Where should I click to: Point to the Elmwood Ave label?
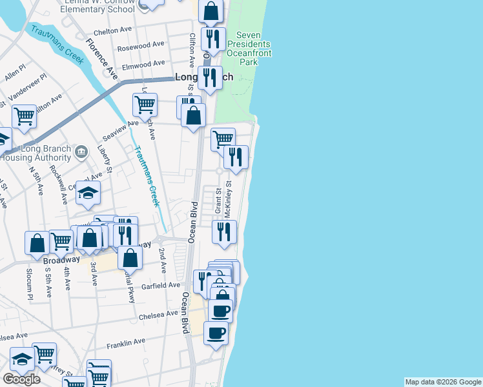(x=145, y=64)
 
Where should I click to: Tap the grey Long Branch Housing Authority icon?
(x=81, y=152)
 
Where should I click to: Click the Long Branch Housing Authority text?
(x=36, y=152)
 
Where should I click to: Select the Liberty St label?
(x=105, y=161)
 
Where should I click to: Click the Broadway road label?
(x=61, y=261)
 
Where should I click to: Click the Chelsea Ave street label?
(x=158, y=314)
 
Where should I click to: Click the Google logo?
(x=21, y=379)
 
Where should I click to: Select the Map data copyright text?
(x=443, y=382)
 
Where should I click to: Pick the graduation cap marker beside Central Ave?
(x=88, y=191)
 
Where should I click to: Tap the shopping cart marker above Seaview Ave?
(x=145, y=104)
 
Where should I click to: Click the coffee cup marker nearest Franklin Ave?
(x=216, y=333)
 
